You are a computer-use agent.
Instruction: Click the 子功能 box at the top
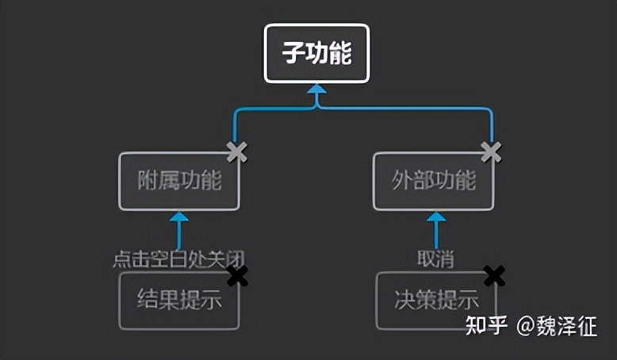[x=316, y=53]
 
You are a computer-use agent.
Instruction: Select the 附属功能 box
[x=178, y=181]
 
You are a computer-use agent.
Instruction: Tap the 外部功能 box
[x=434, y=181]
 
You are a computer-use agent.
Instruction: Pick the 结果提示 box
[x=178, y=301]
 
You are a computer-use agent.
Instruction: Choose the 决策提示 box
[x=436, y=301]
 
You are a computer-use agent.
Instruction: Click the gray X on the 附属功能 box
[x=236, y=152]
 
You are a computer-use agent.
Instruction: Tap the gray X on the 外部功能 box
[x=491, y=151]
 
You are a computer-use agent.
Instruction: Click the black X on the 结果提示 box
[x=237, y=275]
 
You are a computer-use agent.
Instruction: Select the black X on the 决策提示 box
[x=494, y=275]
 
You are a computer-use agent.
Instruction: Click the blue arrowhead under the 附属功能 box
[x=179, y=217]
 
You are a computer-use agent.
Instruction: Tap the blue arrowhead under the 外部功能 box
[x=436, y=217]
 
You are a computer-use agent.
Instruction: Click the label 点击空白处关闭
[x=178, y=259]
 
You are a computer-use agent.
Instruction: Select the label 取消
[x=435, y=259]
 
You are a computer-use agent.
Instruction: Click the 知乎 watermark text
[x=486, y=326]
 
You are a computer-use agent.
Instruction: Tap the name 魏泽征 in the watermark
[x=569, y=326]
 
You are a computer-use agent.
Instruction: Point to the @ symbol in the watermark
[x=527, y=326]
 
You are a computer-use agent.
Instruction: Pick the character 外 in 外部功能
[x=403, y=181]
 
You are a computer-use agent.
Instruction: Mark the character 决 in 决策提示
[x=404, y=301]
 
